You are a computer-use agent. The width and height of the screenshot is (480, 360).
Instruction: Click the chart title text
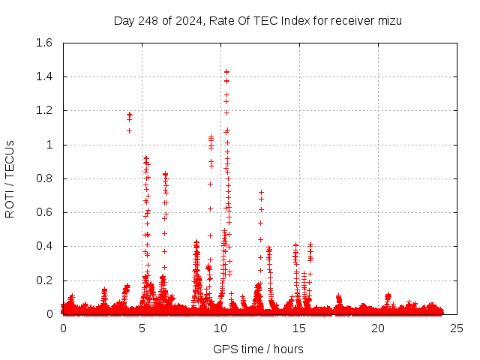click(x=257, y=20)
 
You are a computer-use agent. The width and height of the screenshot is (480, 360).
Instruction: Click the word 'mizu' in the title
click(x=388, y=20)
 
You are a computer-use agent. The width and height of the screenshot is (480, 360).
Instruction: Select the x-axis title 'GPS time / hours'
click(x=258, y=349)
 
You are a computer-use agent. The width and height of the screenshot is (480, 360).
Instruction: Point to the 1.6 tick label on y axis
click(x=43, y=43)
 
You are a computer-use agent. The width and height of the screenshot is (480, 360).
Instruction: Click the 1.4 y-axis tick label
click(x=43, y=76)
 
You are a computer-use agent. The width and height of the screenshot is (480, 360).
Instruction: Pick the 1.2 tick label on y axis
click(x=43, y=111)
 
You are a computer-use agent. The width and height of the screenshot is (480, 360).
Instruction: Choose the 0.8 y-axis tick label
click(x=43, y=178)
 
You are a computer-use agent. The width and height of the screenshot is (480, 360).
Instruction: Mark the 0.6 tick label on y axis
click(x=43, y=212)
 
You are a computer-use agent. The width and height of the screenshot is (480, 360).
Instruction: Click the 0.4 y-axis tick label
click(x=43, y=247)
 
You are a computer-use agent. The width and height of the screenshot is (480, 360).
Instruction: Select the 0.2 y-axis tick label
click(x=43, y=280)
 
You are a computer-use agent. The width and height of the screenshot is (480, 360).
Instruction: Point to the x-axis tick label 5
click(x=142, y=328)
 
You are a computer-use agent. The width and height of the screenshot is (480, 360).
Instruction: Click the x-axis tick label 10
click(x=220, y=328)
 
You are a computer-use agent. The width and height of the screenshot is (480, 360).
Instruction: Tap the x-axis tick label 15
click(x=299, y=328)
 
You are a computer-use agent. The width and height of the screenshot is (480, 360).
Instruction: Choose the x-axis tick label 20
click(x=378, y=328)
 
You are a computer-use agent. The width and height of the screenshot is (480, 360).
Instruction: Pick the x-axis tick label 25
click(x=457, y=328)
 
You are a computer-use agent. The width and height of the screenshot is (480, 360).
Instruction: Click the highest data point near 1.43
click(x=226, y=72)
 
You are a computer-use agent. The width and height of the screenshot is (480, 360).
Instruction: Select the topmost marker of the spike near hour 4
click(x=130, y=115)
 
